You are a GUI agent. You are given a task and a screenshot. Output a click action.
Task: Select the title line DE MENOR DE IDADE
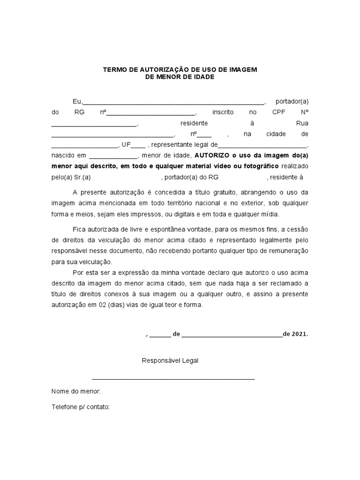click(180, 77)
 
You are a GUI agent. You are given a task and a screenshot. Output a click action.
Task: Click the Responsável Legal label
click(170, 360)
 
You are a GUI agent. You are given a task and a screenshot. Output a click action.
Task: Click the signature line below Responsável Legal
click(173, 378)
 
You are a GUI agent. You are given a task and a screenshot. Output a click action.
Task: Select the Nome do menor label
click(76, 391)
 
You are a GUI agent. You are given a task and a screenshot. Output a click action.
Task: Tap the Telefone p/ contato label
click(81, 407)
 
